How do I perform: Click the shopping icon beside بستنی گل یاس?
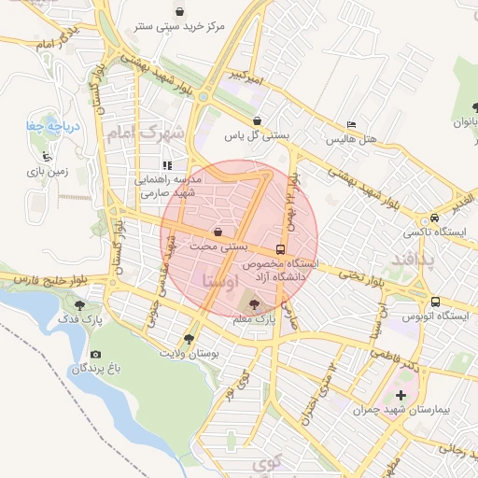(x=257, y=120)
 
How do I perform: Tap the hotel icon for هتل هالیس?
(x=351, y=124)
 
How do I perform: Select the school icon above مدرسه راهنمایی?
(x=166, y=165)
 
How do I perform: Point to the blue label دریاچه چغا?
(x=45, y=124)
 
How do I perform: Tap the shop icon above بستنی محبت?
(x=218, y=232)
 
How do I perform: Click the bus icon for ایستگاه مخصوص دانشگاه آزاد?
(x=280, y=250)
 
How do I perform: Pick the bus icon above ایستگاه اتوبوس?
(x=435, y=302)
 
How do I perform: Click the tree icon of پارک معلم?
(x=256, y=304)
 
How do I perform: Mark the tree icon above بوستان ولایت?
(x=190, y=339)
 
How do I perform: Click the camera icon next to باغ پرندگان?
(x=95, y=355)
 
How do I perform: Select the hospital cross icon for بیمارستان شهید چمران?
(x=401, y=395)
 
